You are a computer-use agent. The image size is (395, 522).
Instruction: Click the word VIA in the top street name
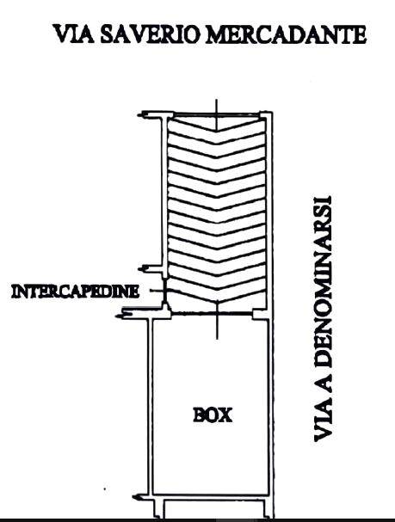point(74,34)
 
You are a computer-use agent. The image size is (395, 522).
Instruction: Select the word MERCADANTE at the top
point(286,34)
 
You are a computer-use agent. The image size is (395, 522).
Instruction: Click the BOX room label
point(213,415)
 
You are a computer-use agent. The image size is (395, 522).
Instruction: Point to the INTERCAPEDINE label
point(75,292)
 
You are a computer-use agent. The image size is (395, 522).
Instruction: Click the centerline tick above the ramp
point(217,114)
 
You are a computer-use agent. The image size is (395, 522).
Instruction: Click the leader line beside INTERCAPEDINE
point(157,291)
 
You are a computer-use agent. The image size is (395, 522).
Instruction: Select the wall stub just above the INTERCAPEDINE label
point(151,269)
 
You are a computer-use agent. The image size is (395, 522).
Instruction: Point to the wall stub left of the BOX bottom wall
point(143,498)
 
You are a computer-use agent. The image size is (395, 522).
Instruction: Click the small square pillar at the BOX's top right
point(259,314)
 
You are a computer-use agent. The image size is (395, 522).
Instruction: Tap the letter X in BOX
point(225,415)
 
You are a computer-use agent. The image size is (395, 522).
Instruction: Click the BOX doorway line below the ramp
point(212,314)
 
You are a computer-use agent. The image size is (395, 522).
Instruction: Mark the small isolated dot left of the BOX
point(105,489)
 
